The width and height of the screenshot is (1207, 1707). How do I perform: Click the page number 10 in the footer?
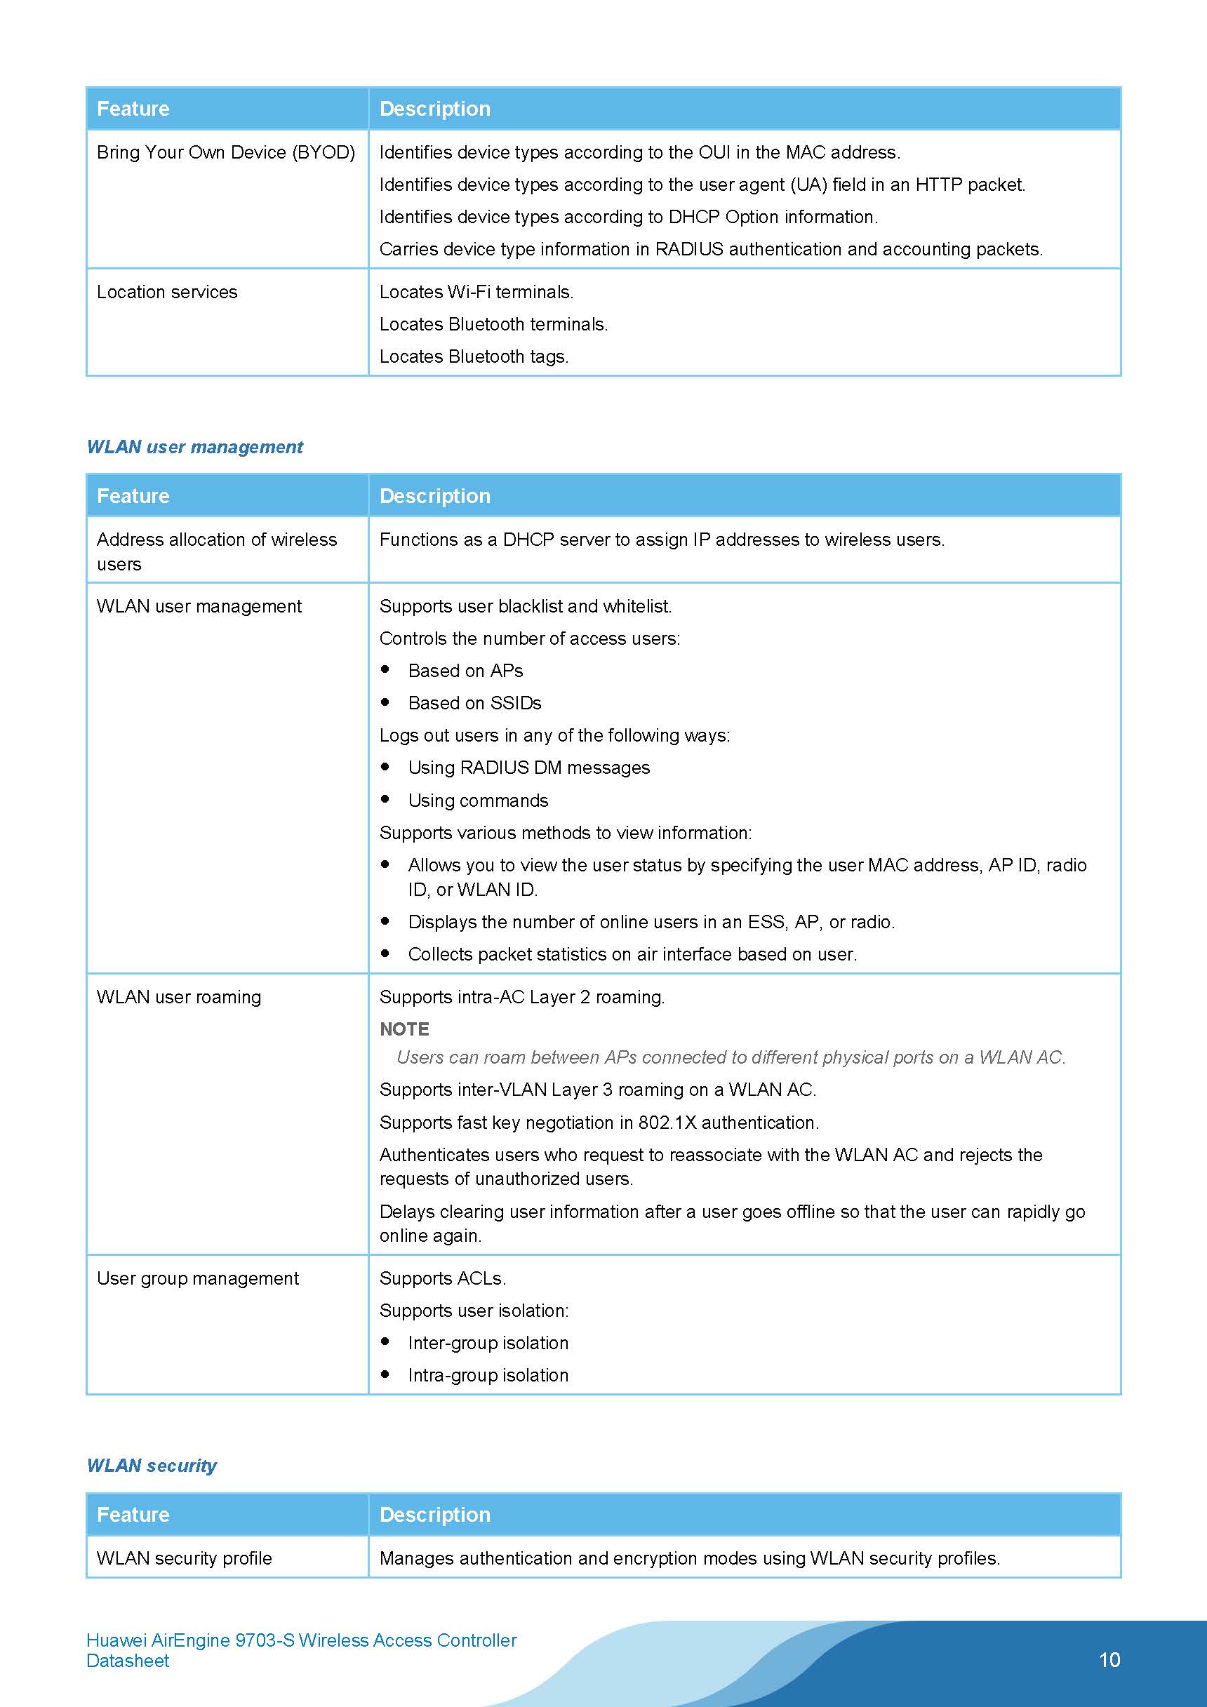point(1109,1659)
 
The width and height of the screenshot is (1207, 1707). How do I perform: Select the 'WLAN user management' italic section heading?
point(195,447)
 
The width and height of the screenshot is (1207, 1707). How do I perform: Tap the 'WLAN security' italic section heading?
point(152,1466)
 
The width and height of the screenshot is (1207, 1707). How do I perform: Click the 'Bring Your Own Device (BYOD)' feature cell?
point(225,152)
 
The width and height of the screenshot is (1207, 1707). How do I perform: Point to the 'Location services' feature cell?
point(167,292)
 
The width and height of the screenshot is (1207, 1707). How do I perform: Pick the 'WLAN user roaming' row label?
point(179,997)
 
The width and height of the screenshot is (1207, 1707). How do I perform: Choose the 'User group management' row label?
point(198,1278)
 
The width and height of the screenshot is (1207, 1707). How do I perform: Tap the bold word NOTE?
point(404,1029)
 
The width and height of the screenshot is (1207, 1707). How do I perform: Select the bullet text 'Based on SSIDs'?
point(474,703)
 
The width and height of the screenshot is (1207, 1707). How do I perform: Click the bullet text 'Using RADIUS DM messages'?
point(528,768)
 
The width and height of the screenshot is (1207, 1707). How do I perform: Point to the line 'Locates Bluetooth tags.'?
point(474,357)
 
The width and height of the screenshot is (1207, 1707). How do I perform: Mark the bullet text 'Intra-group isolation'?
point(488,1375)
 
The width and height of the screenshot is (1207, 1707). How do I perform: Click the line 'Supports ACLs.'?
point(443,1278)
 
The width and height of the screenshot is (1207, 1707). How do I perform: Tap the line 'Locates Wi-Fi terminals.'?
point(476,292)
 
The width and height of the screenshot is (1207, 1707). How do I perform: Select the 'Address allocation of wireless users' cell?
point(216,551)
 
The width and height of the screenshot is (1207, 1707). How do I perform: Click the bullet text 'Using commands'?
point(478,801)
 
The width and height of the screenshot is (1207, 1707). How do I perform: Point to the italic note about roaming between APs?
point(731,1057)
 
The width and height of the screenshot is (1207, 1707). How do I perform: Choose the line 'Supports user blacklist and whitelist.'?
point(525,607)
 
